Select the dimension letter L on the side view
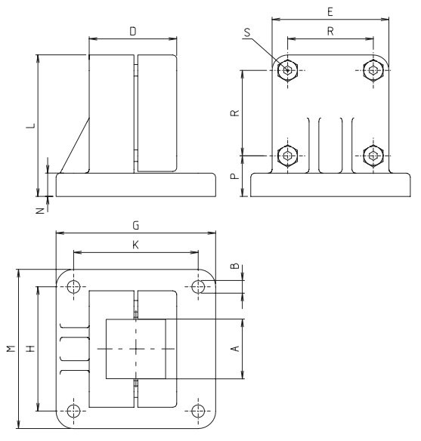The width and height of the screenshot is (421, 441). coord(30,125)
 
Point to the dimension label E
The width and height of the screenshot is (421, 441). coord(330,11)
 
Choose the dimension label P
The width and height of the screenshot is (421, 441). coord(236,176)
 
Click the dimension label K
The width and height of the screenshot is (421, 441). coord(135,246)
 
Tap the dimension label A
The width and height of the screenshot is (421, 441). coord(234,348)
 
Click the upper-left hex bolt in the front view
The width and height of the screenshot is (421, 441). coord(286,71)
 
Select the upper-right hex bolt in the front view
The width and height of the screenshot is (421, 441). coord(374,71)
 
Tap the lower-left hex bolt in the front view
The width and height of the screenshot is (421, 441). coord(286,156)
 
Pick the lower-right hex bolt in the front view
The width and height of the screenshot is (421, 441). coord(374,156)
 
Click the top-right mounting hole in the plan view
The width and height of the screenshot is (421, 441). coord(199,286)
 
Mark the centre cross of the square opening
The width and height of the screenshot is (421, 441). coord(136,349)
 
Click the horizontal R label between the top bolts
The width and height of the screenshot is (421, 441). coord(330,32)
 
